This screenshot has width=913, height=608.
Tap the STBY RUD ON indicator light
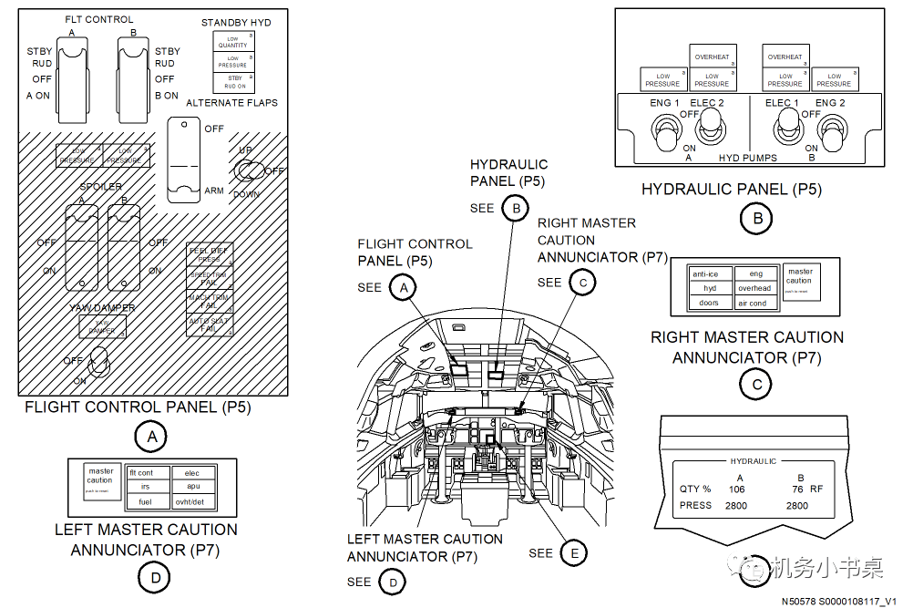pos(234,82)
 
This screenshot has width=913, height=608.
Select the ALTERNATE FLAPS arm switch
pos(185,160)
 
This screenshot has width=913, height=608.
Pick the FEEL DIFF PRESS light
pos(210,253)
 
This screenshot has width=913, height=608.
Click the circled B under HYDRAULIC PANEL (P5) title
pos(756,218)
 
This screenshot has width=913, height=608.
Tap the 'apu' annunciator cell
pos(192,487)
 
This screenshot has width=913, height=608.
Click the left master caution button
pos(99,480)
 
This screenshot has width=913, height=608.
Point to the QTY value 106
pos(737,489)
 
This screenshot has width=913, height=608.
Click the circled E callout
pos(574,552)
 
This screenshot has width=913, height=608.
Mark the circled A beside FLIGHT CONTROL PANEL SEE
pos(402,288)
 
